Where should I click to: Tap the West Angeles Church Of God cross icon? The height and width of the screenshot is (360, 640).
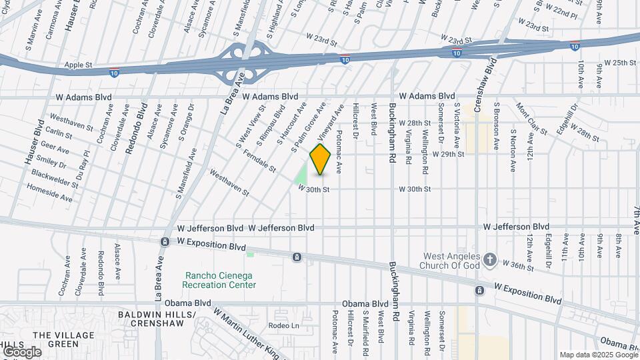[x=490, y=259]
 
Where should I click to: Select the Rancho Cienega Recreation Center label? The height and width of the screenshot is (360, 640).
[x=220, y=280]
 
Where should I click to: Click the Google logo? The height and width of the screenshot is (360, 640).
[x=21, y=351]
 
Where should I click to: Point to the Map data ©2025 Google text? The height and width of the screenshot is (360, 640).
[x=597, y=355]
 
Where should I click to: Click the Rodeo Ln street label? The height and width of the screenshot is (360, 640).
[x=284, y=325]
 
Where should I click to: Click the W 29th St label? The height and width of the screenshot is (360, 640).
[x=448, y=154]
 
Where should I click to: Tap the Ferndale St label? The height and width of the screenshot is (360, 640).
[x=260, y=160]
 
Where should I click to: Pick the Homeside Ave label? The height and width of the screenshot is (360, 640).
[x=49, y=193]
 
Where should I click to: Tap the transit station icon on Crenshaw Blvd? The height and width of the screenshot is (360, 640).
[x=479, y=290]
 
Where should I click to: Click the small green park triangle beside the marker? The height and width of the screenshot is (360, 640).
[x=301, y=175]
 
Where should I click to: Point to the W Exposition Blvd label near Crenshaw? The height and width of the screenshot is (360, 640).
[x=527, y=293]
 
